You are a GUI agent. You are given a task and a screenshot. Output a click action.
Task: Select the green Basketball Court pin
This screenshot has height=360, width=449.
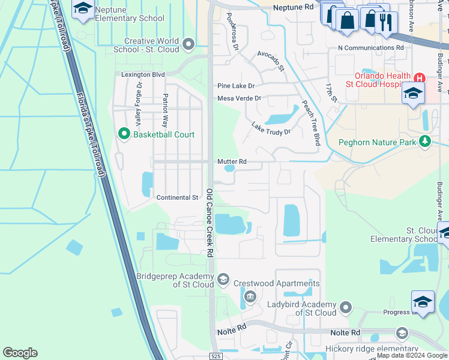[x=125, y=134]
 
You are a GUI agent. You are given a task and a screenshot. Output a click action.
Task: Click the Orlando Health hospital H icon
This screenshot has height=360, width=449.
[x=419, y=78]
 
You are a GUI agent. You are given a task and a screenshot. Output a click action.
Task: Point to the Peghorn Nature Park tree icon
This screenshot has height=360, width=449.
[x=426, y=141]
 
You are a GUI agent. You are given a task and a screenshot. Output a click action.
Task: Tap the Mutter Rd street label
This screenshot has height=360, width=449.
[x=232, y=161]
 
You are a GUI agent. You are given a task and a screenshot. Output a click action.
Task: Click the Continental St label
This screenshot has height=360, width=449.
[x=177, y=197]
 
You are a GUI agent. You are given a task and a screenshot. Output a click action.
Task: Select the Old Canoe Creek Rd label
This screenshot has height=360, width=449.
[x=210, y=223]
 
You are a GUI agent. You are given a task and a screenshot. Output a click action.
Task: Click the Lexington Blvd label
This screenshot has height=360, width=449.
[x=143, y=75]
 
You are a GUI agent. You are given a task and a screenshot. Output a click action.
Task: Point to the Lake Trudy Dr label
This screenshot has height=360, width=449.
[x=271, y=128]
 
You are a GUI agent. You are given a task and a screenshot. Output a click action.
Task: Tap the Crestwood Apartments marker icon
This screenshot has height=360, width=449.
[x=250, y=295]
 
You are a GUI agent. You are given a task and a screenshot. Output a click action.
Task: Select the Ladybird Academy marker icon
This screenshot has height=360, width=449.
[x=345, y=308]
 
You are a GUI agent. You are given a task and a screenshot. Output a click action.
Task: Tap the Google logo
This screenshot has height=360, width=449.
[x=20, y=353]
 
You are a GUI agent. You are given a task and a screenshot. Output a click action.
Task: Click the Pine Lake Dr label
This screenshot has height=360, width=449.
[x=236, y=86]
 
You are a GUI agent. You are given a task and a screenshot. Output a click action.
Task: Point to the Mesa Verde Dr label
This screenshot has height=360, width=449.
[x=240, y=98]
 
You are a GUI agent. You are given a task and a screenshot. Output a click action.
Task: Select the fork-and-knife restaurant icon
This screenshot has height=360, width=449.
[x=384, y=21]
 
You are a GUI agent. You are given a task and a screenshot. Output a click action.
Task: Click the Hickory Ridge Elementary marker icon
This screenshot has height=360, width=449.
[x=402, y=333]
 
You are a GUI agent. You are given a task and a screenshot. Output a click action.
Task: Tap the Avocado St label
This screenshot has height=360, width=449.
[x=270, y=61]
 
